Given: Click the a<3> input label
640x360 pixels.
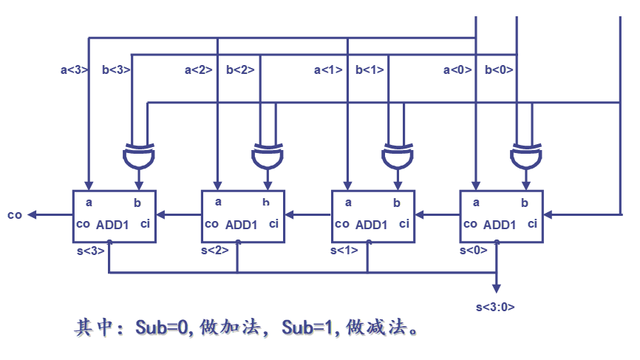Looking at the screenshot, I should tap(74, 70).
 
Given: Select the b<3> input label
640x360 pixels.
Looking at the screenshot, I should tap(116, 70).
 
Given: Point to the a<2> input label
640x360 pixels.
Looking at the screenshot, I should tap(198, 70).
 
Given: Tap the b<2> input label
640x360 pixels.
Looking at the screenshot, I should tap(240, 70).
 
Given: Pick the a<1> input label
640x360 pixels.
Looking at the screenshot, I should tap(328, 70).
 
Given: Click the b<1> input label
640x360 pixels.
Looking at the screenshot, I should tap(370, 70).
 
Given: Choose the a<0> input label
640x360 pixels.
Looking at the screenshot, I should tap(457, 70).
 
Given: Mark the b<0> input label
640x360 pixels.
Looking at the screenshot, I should tap(499, 70).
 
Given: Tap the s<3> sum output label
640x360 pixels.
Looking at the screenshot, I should tap(90, 251).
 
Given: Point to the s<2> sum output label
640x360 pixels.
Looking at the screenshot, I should tap(215, 251).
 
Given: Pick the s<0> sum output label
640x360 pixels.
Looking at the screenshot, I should tap(473, 251).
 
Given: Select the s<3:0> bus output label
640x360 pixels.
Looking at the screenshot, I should tap(495, 306).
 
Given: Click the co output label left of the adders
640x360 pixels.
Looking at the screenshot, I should tap(15, 215).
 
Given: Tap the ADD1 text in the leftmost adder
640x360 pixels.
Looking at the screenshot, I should tap(112, 225).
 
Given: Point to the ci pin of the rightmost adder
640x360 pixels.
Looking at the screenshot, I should tap(531, 223).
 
